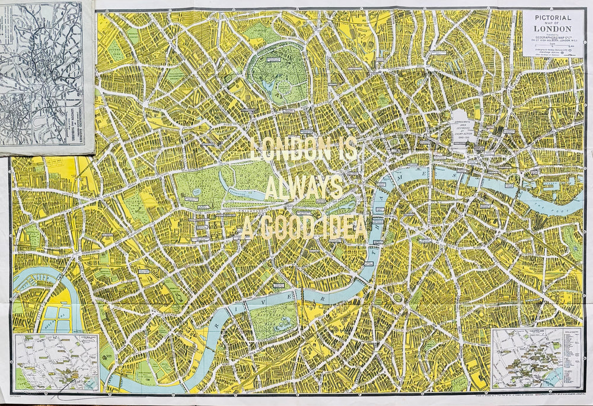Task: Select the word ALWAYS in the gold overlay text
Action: [303, 188]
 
